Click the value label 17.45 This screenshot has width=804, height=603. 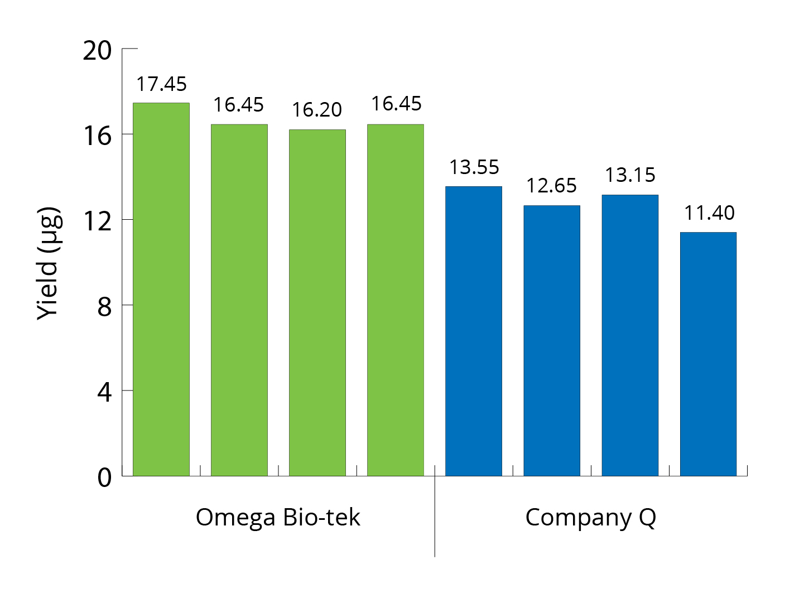point(162,84)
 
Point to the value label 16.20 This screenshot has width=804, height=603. point(317,110)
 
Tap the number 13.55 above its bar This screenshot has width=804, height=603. point(474,167)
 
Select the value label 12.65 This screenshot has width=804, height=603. point(551,186)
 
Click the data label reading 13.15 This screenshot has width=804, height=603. point(630,175)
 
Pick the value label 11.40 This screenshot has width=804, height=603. point(709,213)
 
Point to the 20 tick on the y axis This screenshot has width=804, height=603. point(98,51)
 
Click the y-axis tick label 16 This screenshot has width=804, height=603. point(98,136)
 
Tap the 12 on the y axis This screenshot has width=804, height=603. point(98,222)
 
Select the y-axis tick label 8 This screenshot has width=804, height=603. point(104,307)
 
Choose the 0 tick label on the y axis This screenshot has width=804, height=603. point(104,478)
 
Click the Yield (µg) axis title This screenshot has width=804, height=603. point(48,264)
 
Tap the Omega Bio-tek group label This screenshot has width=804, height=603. point(278,518)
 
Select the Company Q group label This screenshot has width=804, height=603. point(590,518)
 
